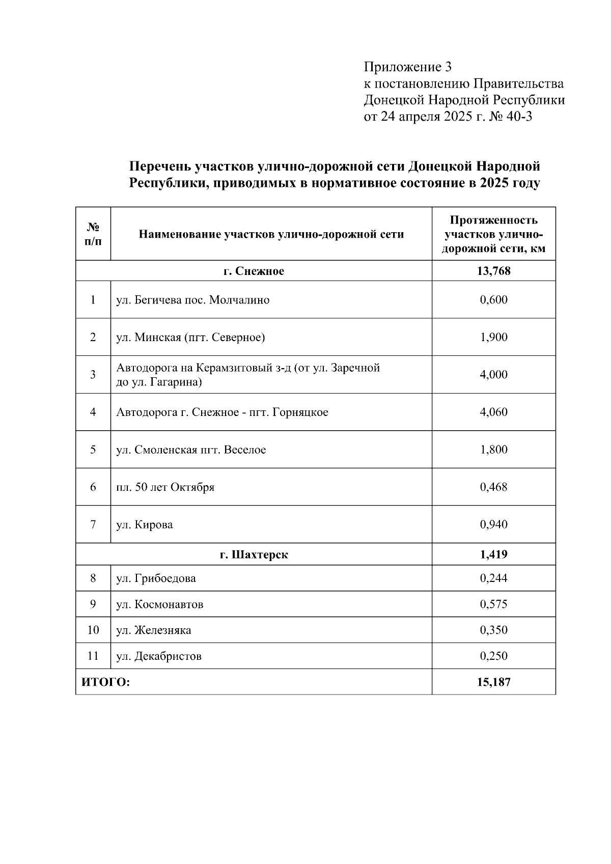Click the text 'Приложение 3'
[407, 67]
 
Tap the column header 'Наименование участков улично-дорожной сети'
[271, 234]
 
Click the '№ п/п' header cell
[93, 234]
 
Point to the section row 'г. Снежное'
[254, 271]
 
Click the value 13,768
[493, 271]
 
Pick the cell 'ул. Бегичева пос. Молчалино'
[192, 300]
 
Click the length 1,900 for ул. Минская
[493, 337]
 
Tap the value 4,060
[493, 412]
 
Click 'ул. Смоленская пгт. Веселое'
[191, 450]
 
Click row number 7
[93, 524]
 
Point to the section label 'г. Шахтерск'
[254, 554]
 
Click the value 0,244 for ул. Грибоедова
[493, 578]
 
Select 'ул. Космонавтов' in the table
[159, 604]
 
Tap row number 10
[93, 630]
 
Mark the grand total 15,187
[493, 682]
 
